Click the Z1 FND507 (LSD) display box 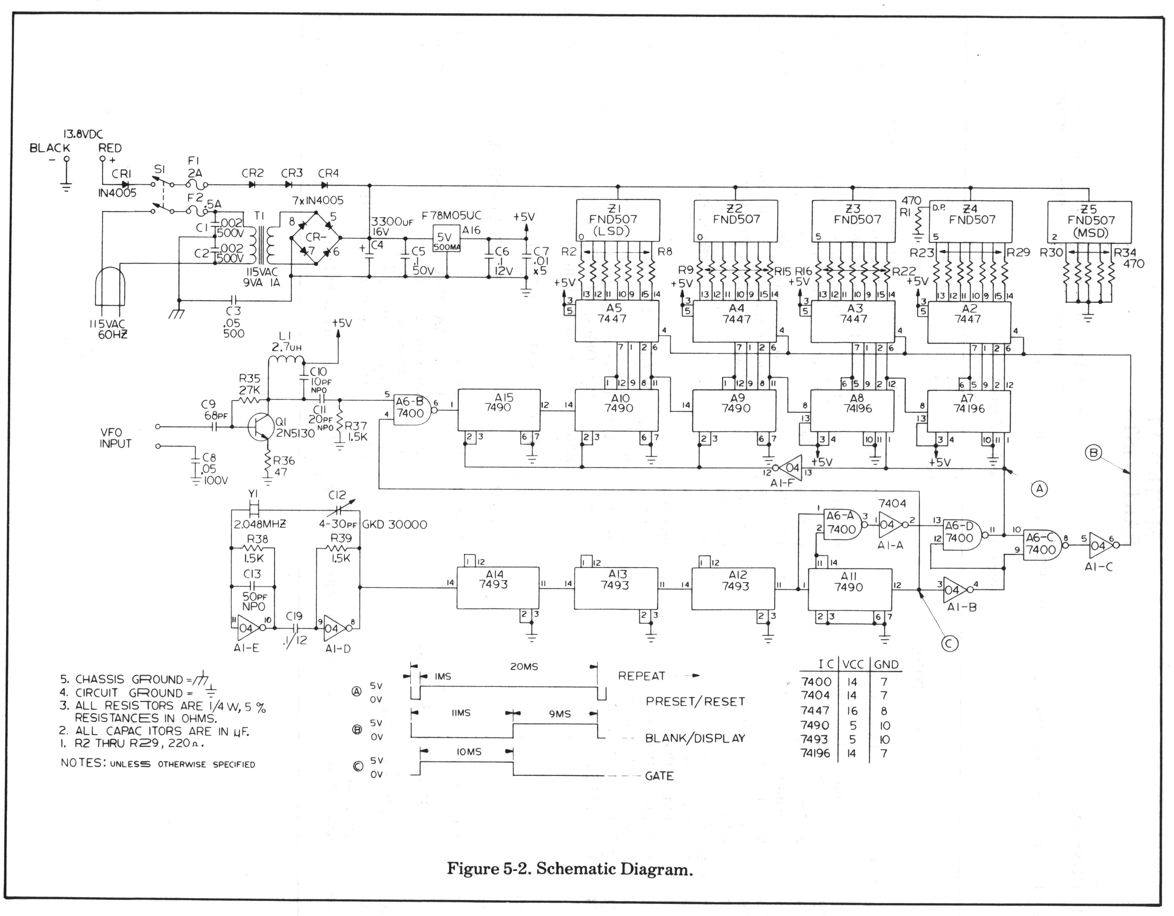[618, 221]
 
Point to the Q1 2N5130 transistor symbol [262, 427]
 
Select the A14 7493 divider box [497, 588]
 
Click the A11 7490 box [849, 589]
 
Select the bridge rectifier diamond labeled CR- [316, 237]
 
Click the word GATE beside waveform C [659, 776]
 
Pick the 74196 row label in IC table [815, 754]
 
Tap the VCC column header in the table [852, 664]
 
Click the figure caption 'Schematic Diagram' [569, 869]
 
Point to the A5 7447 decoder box [617, 321]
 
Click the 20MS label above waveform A [524, 667]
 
